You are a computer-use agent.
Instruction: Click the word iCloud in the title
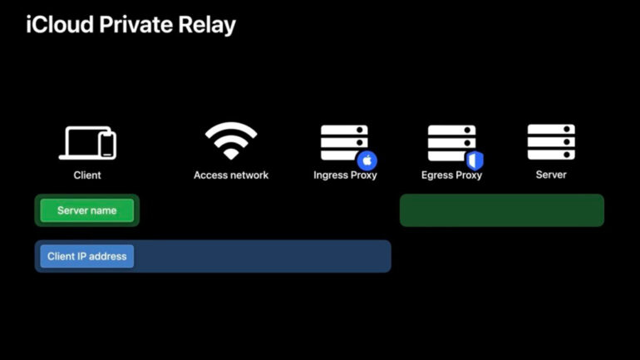point(60,24)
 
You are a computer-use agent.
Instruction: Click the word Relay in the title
point(207,26)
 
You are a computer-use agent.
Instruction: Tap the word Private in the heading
point(136,24)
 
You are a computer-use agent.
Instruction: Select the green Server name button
point(87,210)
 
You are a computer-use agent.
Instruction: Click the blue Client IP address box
point(87,256)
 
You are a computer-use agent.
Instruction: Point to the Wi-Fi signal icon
point(231,141)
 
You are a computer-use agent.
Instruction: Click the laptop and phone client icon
point(88,143)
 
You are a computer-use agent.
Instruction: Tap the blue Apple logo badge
point(367,160)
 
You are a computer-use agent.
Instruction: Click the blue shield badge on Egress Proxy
point(475,160)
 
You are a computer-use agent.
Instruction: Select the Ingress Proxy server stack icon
point(344,142)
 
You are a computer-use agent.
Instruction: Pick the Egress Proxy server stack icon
point(451,143)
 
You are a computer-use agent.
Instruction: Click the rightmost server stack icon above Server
point(551,142)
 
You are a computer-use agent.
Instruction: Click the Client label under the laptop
point(87,175)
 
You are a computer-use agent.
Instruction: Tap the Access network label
point(231,175)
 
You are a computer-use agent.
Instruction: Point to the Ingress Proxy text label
point(345,175)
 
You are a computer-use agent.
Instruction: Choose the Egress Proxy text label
point(451,175)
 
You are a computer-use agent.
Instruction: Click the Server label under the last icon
point(551,175)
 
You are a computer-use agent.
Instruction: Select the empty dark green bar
point(502,210)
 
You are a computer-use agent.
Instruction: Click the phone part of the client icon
point(108,145)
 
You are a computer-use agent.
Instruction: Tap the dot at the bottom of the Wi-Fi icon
point(231,155)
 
